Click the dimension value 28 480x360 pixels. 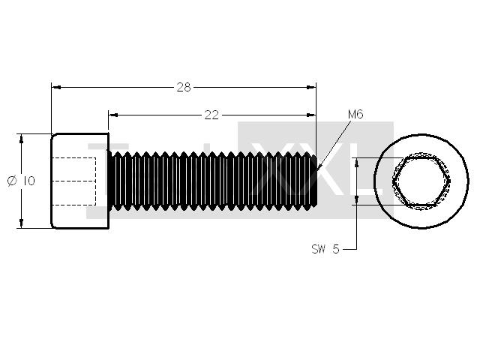coord(184,88)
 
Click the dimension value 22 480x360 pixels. coord(211,115)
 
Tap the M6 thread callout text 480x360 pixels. coord(355,115)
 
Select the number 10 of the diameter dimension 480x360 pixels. coord(29,181)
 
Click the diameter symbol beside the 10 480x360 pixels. coord(12,181)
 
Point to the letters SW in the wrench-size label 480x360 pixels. coord(318,249)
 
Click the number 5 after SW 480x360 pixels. coord(336,249)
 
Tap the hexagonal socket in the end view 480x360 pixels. coord(422,181)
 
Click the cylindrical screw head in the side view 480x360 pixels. coord(80,181)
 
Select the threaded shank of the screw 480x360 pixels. coord(213,181)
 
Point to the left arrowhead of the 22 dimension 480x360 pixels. coord(113,115)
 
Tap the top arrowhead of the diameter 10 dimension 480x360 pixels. coord(21,139)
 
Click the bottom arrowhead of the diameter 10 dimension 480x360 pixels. coord(21,223)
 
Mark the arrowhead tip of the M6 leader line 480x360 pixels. coord(316,170)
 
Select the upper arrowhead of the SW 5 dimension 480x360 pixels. coord(356,163)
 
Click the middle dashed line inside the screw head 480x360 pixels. coord(74,181)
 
